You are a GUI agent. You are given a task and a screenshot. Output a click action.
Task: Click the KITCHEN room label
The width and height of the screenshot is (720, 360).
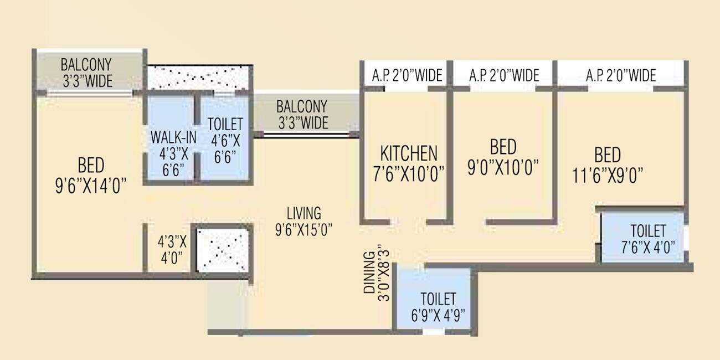pos(409,153)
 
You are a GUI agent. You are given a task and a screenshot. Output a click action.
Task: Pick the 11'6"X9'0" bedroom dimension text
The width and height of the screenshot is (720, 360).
pos(607,176)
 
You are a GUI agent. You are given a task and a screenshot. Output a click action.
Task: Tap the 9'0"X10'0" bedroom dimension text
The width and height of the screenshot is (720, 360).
pos(503,167)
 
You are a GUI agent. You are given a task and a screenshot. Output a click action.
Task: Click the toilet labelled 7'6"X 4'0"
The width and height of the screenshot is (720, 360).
pos(648,239)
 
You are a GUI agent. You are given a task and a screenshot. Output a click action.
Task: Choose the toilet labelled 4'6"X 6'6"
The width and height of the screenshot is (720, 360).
pos(224,140)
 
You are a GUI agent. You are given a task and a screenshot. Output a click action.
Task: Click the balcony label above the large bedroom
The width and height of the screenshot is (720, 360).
pos(87,73)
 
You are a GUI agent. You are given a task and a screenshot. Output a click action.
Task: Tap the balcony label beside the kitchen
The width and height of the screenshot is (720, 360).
pos(302,114)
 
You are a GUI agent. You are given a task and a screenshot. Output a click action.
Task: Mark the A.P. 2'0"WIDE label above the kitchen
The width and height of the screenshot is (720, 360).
pos(407,75)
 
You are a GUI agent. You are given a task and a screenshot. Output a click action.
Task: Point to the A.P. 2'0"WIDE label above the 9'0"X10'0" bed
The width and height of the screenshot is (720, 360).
pos(504,75)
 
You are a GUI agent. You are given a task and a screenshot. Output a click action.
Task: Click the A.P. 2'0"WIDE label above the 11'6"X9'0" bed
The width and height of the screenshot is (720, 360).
pos(621,75)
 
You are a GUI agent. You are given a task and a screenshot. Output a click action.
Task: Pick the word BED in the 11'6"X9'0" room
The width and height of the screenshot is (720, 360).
pos(607,155)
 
